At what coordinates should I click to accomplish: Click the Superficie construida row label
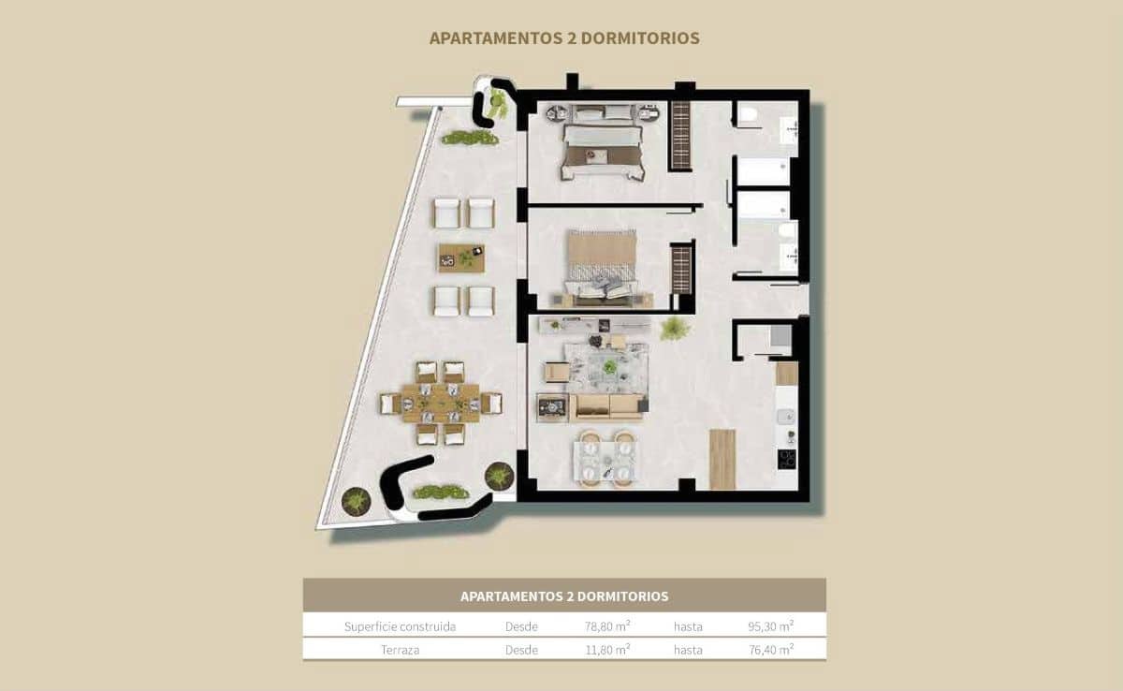(400, 626)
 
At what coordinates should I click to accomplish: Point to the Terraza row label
(400, 649)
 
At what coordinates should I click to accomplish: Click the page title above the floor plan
(564, 38)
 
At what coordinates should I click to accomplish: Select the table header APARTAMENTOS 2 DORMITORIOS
(564, 595)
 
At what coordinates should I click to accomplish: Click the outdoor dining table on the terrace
(441, 403)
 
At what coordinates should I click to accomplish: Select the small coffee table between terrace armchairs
(461, 257)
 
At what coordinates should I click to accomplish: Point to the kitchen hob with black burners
(787, 459)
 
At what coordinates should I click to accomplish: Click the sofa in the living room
(606, 406)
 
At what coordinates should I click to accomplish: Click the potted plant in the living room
(674, 328)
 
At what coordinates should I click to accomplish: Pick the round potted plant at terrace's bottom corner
(356, 501)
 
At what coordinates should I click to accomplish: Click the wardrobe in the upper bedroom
(680, 134)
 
